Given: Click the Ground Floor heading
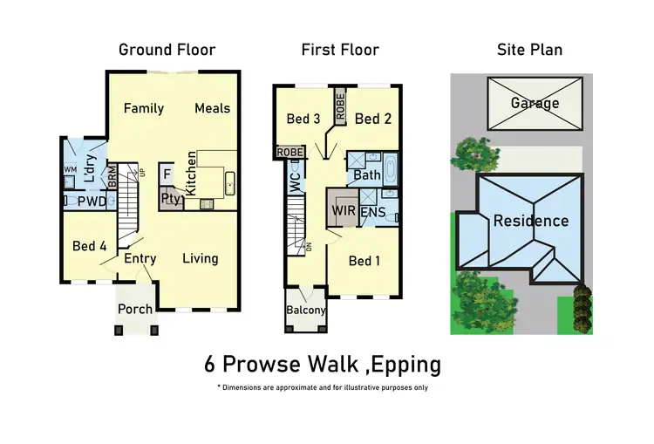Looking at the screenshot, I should (x=167, y=50).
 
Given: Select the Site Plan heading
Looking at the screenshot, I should (x=529, y=50).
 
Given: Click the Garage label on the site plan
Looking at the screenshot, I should (x=535, y=103).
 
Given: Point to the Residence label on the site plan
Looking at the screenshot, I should (x=531, y=221).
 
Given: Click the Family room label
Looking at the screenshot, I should (x=144, y=108).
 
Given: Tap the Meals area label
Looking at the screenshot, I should (x=213, y=108).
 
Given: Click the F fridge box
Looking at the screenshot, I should (x=166, y=174).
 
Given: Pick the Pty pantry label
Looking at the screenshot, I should (x=169, y=198).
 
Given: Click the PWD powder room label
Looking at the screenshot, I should (x=91, y=202).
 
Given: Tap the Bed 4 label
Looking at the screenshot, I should (x=90, y=247).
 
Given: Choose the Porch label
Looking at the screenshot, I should (x=135, y=309).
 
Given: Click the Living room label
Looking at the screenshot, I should (x=201, y=258).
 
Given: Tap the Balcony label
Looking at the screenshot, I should (x=306, y=311).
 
